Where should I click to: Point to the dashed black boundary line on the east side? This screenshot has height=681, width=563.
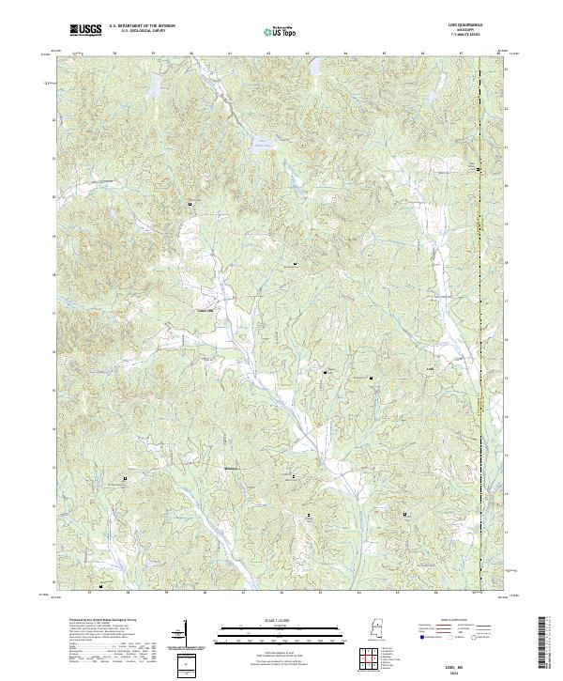(479, 282)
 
